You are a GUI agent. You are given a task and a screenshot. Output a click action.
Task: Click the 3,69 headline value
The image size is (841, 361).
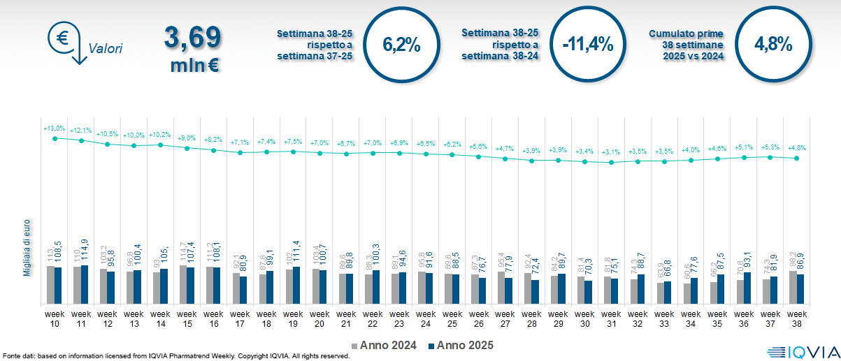[193, 37]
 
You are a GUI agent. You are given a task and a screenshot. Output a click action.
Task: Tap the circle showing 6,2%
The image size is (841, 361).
[402, 44]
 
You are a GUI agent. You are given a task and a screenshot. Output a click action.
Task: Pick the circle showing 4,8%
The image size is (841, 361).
[772, 44]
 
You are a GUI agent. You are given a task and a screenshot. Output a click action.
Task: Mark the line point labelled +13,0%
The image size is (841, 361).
[55, 138]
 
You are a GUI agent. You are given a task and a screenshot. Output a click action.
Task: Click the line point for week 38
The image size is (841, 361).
[797, 159]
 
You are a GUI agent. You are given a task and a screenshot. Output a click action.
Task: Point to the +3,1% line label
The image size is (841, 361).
[612, 152]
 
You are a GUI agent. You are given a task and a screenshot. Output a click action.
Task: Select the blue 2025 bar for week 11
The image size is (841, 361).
[85, 285]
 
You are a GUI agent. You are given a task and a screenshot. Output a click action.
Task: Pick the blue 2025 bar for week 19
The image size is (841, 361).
[297, 286]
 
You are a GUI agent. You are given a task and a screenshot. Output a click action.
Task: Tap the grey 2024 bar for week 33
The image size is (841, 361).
[661, 293]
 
